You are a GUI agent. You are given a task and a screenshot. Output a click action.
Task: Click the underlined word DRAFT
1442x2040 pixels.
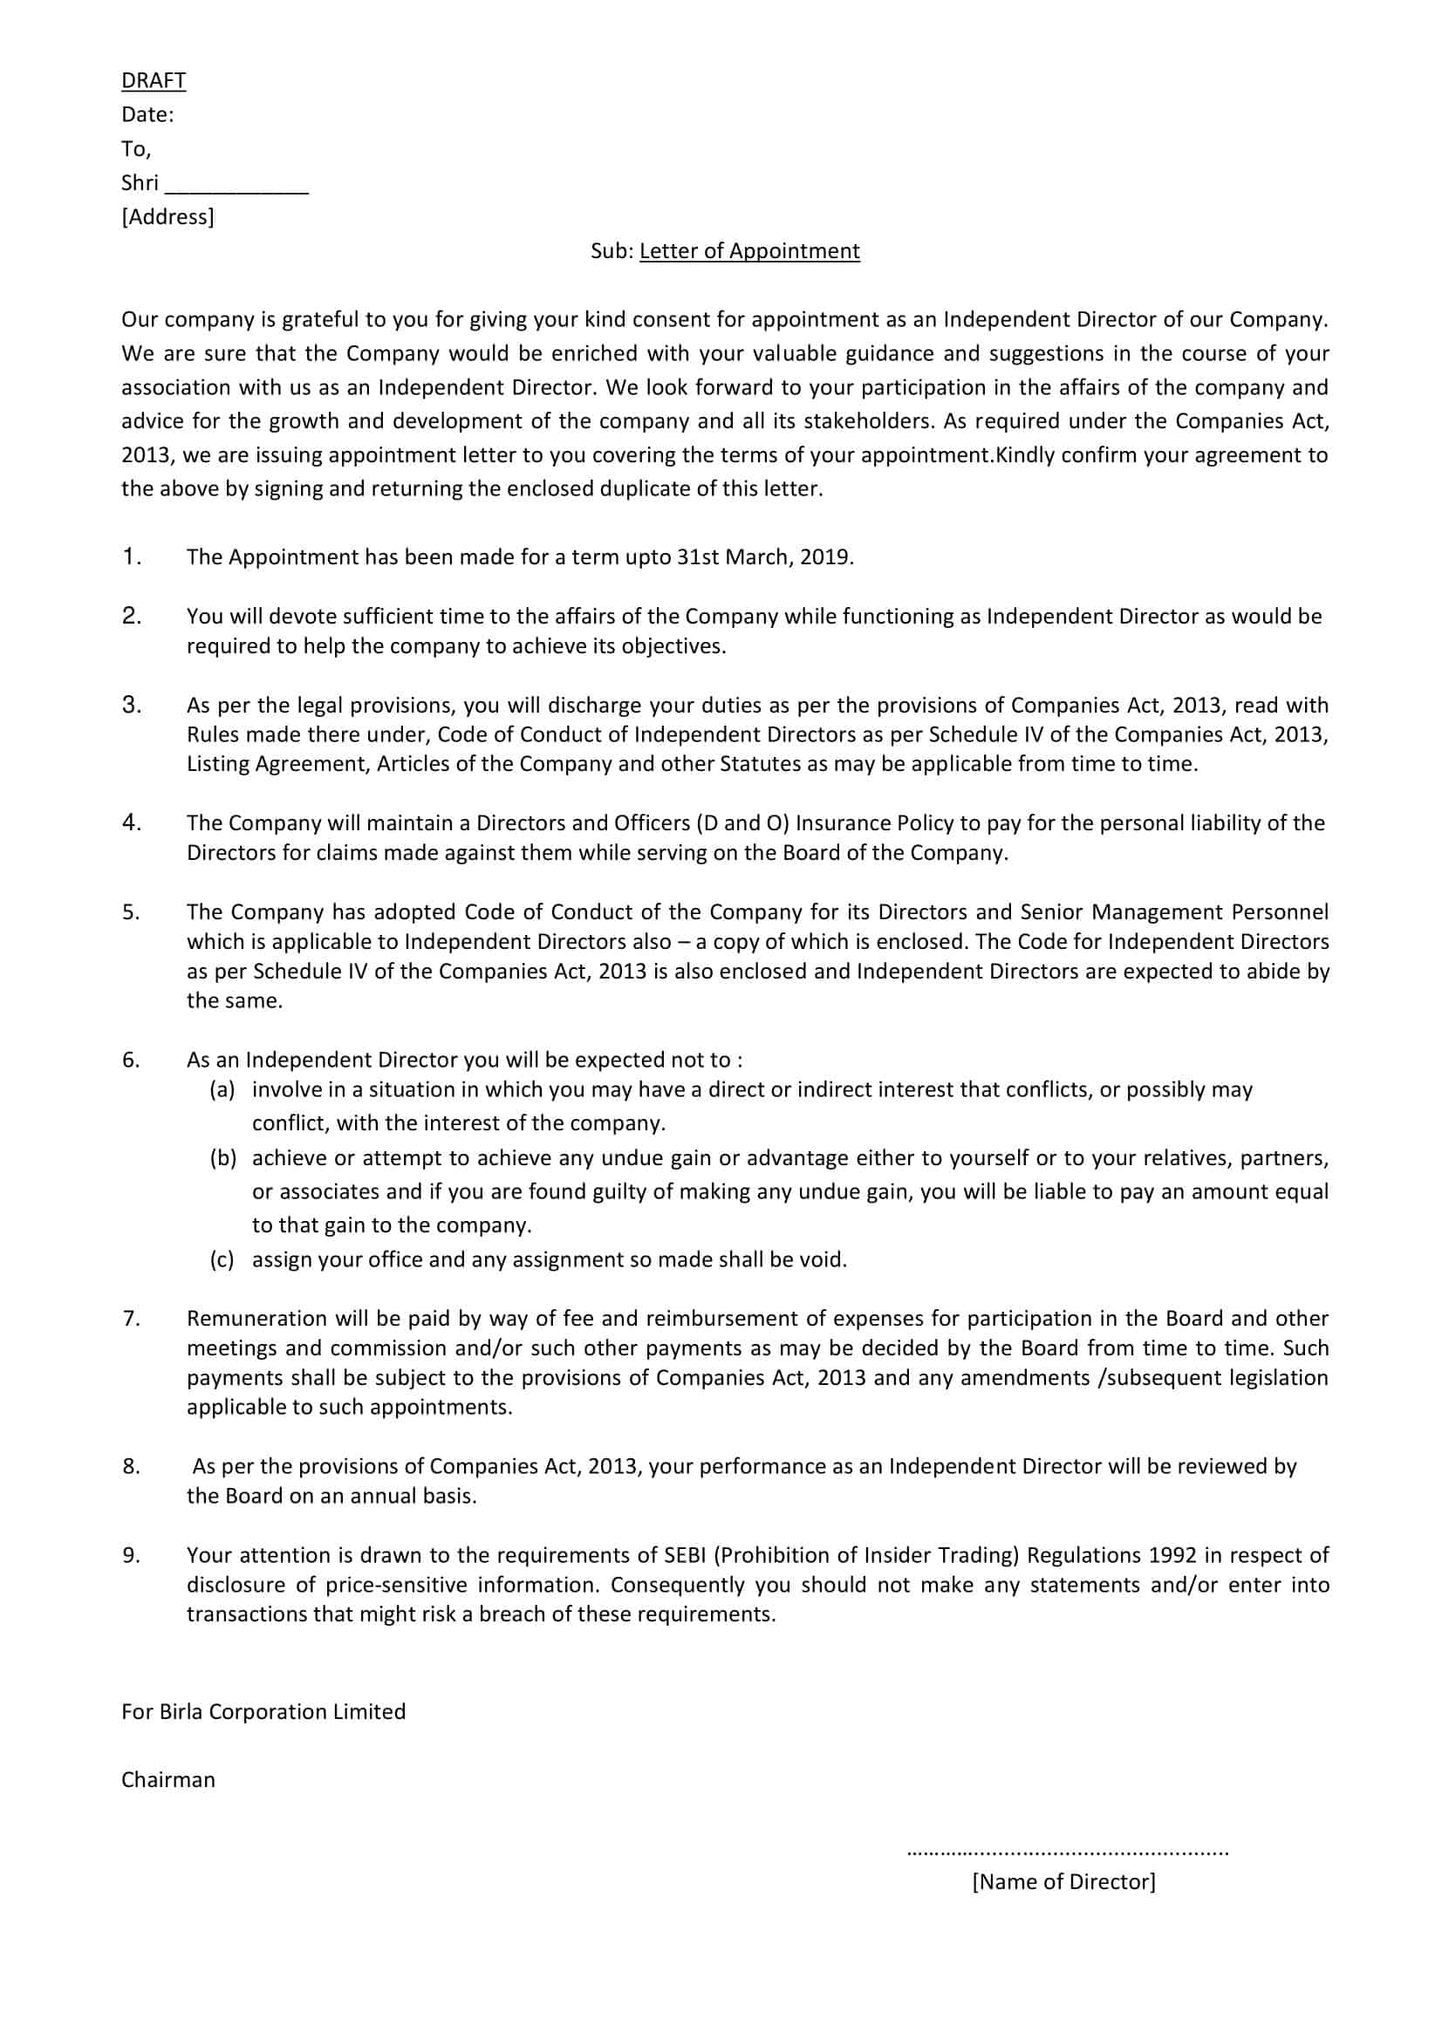[x=154, y=81]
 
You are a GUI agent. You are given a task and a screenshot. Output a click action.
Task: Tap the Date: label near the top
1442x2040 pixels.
[x=147, y=114]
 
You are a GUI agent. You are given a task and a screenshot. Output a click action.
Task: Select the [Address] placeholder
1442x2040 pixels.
[x=167, y=217]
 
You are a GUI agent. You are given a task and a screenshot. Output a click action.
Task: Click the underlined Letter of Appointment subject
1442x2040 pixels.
[x=749, y=251]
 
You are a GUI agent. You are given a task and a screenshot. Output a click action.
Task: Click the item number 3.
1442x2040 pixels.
[x=132, y=705]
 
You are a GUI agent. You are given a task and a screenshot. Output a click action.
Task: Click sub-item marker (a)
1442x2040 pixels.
[x=222, y=1089]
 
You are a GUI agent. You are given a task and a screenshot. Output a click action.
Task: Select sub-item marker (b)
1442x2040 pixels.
[x=222, y=1157]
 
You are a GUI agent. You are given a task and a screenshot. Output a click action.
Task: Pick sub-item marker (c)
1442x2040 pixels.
[x=222, y=1259]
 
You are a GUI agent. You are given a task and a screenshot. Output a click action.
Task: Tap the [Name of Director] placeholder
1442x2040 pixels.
[x=1063, y=1881]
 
